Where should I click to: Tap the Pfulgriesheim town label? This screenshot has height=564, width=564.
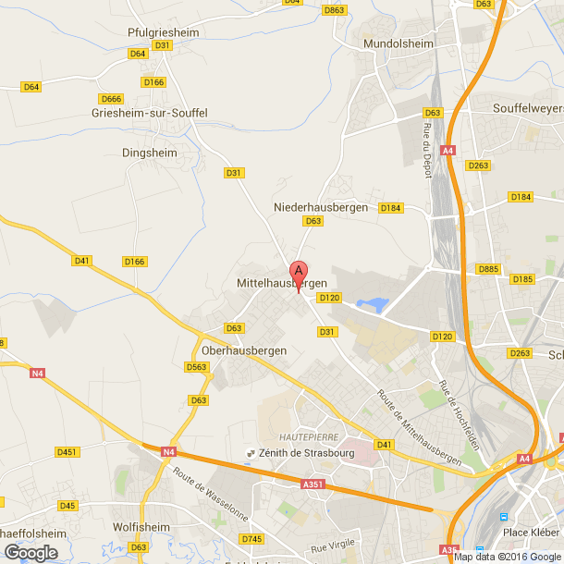(x=164, y=31)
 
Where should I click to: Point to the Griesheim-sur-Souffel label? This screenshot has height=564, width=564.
(x=150, y=113)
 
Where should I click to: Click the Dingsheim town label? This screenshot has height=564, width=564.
(x=149, y=152)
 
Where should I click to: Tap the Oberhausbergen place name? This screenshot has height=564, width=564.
(x=244, y=351)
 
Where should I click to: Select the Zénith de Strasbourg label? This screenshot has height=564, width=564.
(x=296, y=452)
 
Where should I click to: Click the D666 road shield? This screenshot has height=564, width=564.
(x=111, y=99)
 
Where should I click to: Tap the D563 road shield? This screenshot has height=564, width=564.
(x=197, y=367)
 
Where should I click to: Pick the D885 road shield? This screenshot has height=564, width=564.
(x=488, y=269)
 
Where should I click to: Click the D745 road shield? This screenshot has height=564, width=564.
(x=251, y=538)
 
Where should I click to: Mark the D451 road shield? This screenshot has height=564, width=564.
(x=67, y=452)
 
